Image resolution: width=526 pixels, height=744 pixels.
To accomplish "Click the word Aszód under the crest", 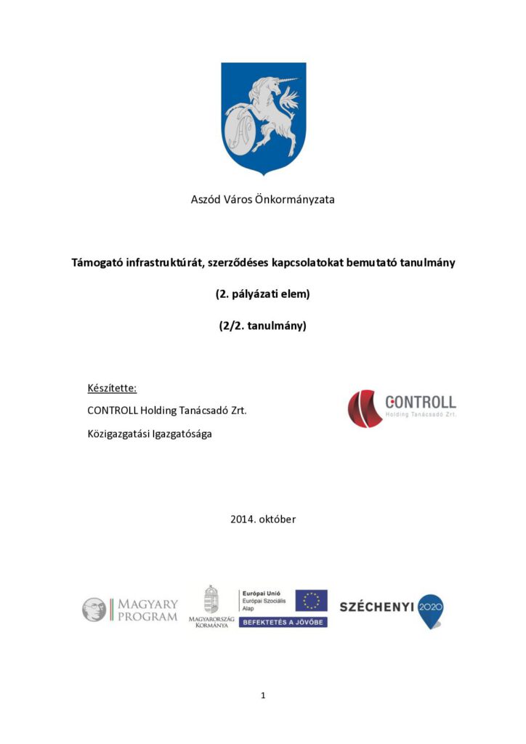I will point(205,199).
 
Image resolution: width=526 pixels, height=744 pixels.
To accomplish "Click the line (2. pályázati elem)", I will point(262,294).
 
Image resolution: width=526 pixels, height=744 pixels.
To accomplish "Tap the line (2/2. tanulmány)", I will point(262,326).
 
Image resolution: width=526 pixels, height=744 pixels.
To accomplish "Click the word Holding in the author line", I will point(159,411).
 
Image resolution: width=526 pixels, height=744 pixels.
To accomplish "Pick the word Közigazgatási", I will point(121,435).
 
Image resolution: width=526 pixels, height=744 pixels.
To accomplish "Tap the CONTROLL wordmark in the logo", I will point(421,402).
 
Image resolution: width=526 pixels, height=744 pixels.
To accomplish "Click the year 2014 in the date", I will point(243,519).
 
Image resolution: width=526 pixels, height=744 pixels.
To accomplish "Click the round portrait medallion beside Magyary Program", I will point(94,610).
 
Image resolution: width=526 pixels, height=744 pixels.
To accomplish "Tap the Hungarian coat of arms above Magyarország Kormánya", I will point(211,599).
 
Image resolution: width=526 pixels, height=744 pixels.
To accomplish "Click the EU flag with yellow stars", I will point(311,600).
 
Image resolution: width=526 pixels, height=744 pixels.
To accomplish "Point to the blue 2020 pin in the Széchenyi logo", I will point(430,609).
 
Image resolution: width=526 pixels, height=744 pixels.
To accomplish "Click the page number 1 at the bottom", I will point(263,695).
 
